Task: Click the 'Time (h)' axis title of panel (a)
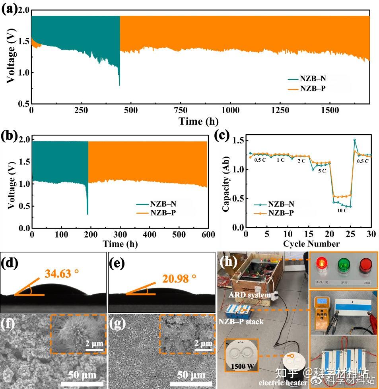[x=198, y=121]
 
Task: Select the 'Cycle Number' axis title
[x=311, y=244]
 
